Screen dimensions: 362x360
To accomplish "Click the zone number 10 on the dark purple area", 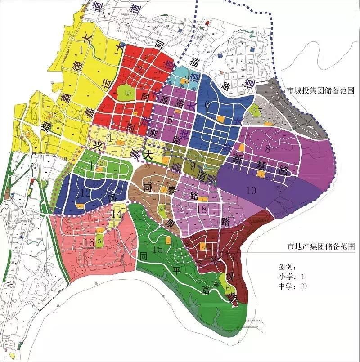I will pyautogui.click(x=251, y=190).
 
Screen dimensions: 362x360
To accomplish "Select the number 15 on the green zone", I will pyautogui.click(x=157, y=249).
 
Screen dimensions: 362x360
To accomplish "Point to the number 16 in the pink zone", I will pyautogui.click(x=89, y=242).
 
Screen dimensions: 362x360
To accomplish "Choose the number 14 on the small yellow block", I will pyautogui.click(x=117, y=215).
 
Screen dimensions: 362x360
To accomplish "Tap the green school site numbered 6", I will pyautogui.click(x=228, y=288).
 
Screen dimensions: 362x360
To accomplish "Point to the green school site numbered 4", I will pyautogui.click(x=161, y=208).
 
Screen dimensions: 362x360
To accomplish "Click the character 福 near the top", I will pyautogui.click(x=195, y=61).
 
